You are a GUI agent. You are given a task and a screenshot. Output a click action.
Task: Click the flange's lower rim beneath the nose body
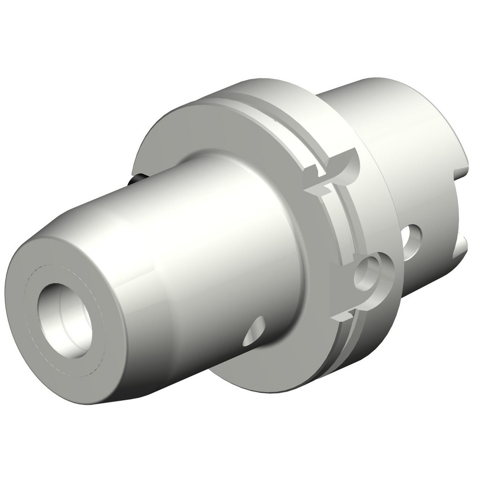click(x=267, y=372)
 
